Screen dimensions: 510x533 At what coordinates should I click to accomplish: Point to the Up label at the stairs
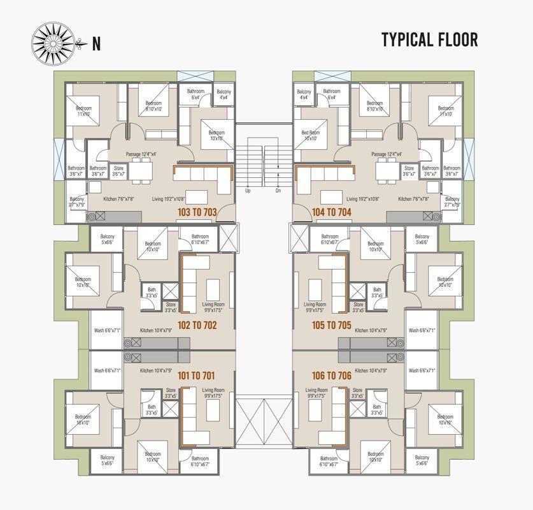(x=248, y=191)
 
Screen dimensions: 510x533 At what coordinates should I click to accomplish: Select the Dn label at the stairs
(x=278, y=191)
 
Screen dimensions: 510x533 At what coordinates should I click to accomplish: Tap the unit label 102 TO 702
(x=197, y=325)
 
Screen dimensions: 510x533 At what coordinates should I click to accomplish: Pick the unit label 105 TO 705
(x=332, y=325)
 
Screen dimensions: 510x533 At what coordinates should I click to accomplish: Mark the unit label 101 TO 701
(x=197, y=375)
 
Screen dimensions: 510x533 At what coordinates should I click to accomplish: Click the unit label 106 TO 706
(x=332, y=375)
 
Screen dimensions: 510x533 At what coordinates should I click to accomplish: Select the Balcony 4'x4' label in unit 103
(x=224, y=95)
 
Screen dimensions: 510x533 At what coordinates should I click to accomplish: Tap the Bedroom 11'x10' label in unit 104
(x=446, y=111)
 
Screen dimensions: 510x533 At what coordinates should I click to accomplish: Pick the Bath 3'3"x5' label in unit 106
(x=377, y=410)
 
